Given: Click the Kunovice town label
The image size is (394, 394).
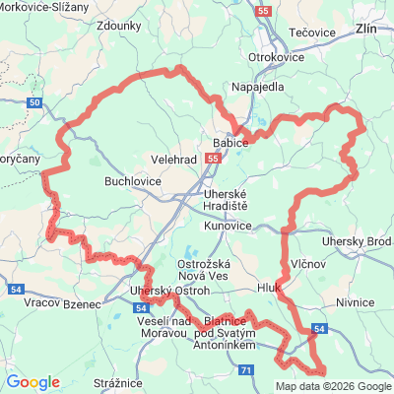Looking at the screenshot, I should click(x=230, y=227).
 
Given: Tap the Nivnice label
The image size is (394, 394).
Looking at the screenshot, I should click(x=356, y=303).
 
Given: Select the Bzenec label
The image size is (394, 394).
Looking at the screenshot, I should click(x=82, y=305).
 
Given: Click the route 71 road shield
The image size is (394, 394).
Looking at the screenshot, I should click(x=246, y=368).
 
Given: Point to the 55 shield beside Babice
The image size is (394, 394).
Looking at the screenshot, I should click(x=214, y=158).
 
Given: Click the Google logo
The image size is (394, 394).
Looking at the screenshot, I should click(x=33, y=382).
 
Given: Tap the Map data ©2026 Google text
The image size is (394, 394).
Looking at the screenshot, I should click(x=333, y=386).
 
